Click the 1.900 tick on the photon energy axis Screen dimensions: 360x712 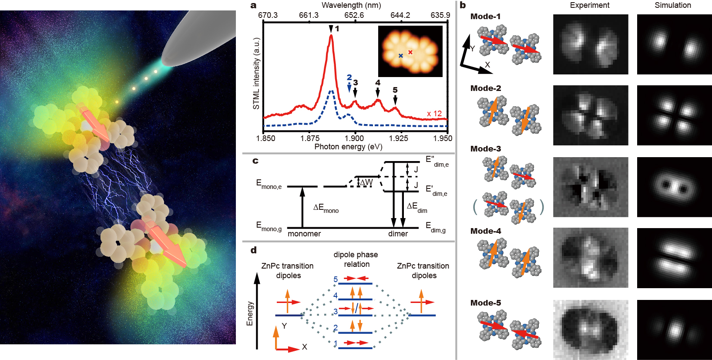point(354,138)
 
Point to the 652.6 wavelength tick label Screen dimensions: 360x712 point(354,15)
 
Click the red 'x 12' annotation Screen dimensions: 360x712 point(434,114)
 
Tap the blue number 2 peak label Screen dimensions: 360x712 point(349,77)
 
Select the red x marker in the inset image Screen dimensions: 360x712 point(410,52)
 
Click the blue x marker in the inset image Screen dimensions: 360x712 point(400,56)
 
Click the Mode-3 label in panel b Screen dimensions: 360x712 point(486,149)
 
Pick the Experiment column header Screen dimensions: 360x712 point(590,5)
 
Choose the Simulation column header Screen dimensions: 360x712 point(673,5)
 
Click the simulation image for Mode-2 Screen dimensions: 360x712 point(675,115)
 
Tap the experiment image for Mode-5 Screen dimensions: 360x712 point(591,330)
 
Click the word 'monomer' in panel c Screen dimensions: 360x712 point(304,234)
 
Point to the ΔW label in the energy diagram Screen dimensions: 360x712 point(366,182)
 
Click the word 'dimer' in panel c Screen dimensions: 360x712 point(398,234)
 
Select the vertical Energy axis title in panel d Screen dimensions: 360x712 point(250,313)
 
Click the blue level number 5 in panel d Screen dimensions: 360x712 point(336,279)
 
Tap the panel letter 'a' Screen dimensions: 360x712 point(254,6)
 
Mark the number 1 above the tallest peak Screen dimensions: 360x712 point(337,29)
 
